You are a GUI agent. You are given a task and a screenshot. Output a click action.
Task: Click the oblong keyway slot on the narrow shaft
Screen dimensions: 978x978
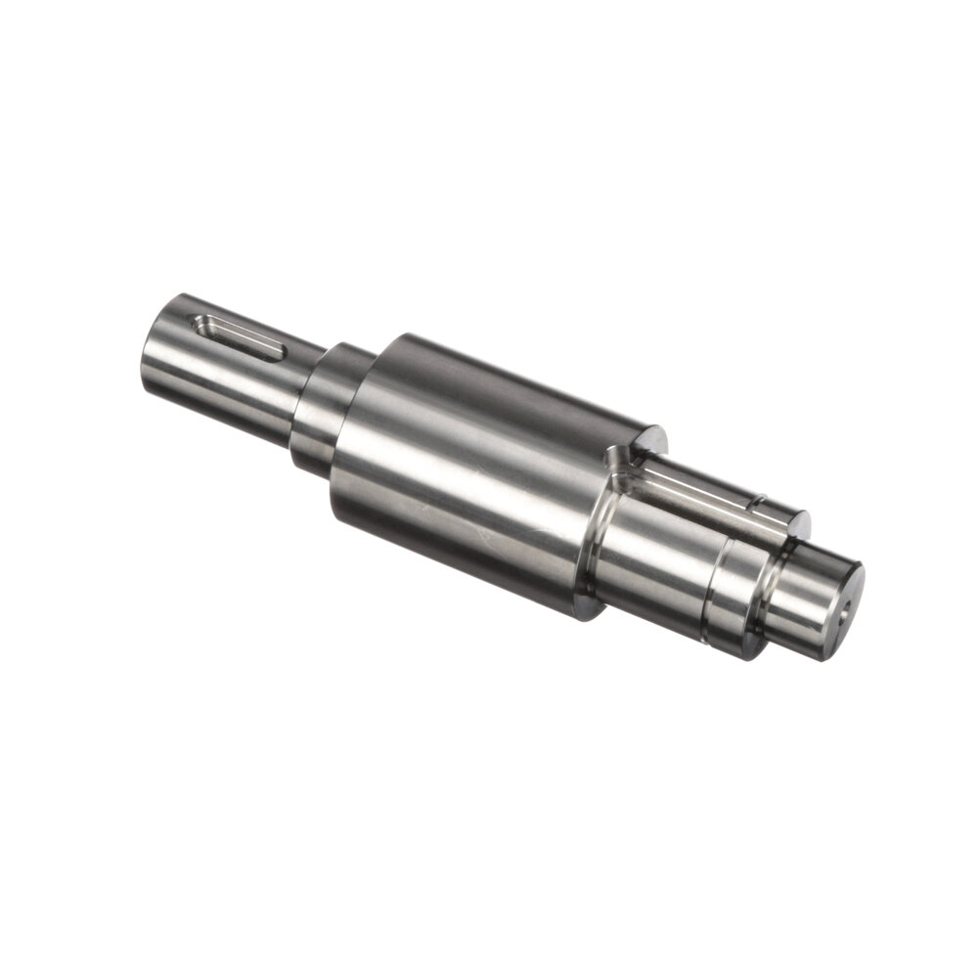(239, 336)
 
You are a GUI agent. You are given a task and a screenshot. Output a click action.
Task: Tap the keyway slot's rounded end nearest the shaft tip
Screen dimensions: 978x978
(202, 322)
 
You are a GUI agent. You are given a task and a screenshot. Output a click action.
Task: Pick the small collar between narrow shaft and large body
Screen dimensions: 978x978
(328, 411)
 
